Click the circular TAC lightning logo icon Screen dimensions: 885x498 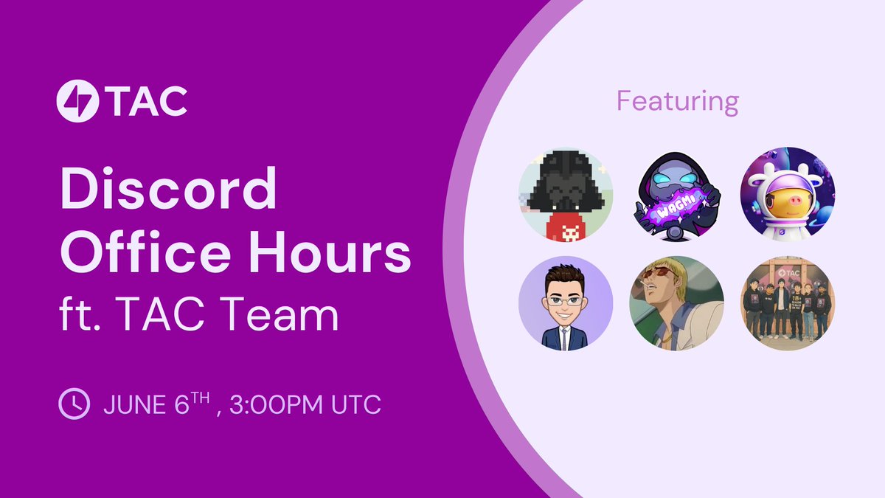[77, 101]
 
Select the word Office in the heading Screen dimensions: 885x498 [145, 251]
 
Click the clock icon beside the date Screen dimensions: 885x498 [74, 404]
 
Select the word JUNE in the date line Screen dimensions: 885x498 [135, 404]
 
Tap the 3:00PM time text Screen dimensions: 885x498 [276, 404]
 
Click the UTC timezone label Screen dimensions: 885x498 [356, 404]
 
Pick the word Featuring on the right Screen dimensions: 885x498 [678, 102]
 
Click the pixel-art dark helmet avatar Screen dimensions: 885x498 [566, 195]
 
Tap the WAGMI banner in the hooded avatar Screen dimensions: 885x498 [676, 207]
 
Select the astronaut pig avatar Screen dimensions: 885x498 [788, 195]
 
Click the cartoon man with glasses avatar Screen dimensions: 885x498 [566, 303]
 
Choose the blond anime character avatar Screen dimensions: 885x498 [676, 303]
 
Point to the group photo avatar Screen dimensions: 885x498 [788, 303]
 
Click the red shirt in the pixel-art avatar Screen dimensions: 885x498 [567, 226]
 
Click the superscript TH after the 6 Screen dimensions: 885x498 [201, 398]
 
